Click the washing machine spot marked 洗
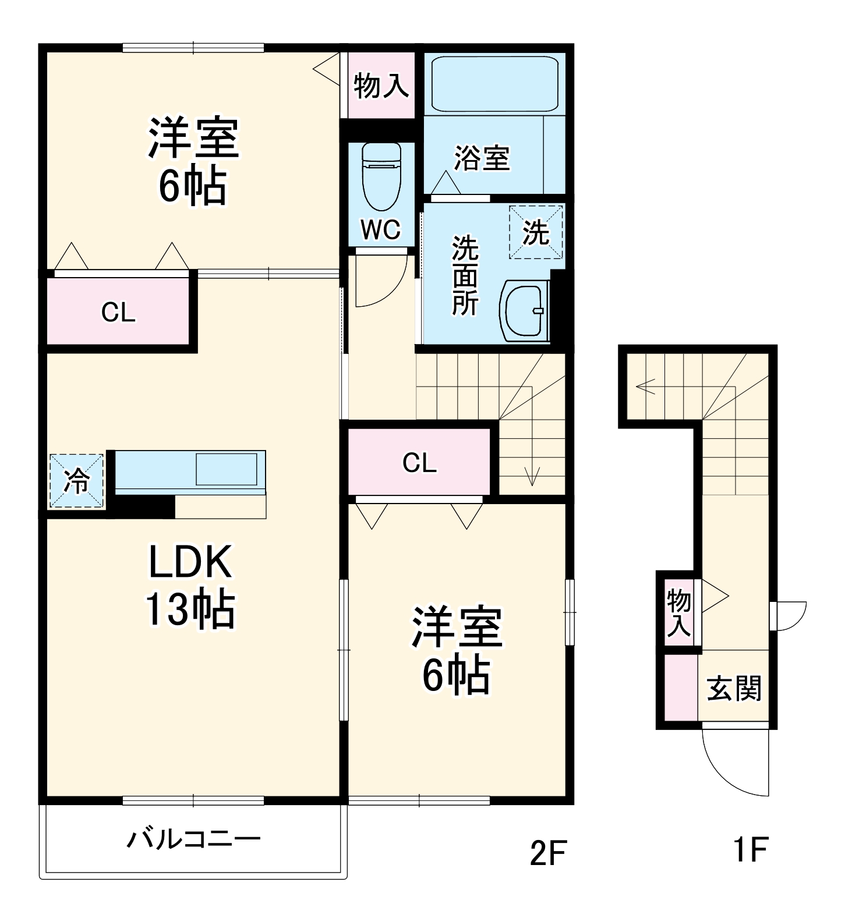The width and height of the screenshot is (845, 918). [x=536, y=232]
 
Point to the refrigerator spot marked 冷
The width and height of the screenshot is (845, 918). [x=76, y=481]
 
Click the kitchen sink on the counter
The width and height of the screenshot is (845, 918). [x=227, y=469]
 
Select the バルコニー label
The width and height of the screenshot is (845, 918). [x=194, y=839]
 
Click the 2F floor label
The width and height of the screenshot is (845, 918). [x=547, y=853]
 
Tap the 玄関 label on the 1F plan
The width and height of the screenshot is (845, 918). [x=734, y=689]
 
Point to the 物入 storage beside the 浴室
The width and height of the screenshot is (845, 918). [x=381, y=85]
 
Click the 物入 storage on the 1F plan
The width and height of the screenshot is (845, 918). [x=679, y=612]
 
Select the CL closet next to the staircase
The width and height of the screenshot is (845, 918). [x=419, y=463]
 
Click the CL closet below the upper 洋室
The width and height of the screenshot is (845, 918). [x=118, y=313]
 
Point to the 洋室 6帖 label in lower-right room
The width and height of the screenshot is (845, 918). [x=457, y=650]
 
